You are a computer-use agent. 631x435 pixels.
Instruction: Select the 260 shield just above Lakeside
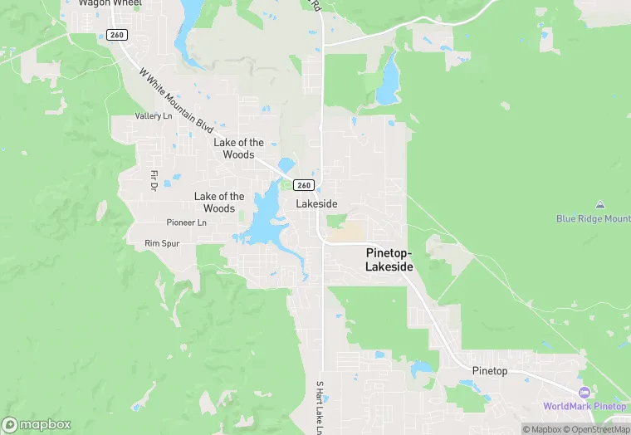(304, 185)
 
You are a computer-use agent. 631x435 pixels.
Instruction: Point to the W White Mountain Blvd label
(177, 103)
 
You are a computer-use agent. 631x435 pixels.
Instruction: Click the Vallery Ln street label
(154, 116)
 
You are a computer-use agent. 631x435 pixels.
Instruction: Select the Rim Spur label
(162, 243)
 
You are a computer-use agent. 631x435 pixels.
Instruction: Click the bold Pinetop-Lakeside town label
(389, 259)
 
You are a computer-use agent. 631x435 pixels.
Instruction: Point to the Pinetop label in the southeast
(489, 370)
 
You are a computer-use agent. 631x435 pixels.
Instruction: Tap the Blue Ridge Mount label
(593, 219)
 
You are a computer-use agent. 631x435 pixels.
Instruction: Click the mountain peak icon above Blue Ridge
(599, 204)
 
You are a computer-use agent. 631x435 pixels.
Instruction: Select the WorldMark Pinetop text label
(585, 406)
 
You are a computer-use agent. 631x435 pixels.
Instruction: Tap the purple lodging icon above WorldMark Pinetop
(584, 392)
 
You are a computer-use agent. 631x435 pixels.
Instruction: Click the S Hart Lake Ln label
(319, 407)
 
